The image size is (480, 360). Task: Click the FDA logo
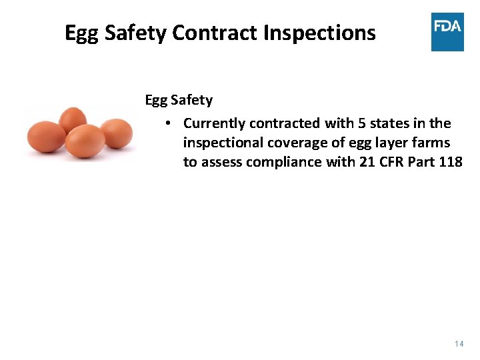447,32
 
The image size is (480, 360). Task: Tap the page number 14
458,343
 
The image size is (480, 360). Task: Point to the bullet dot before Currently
170,123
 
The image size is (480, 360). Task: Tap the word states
389,123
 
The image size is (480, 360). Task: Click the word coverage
297,143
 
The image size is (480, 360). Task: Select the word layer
379,143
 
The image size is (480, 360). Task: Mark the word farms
431,143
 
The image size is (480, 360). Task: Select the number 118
451,162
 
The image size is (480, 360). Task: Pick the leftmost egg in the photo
46,137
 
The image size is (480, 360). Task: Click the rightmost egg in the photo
116,133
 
